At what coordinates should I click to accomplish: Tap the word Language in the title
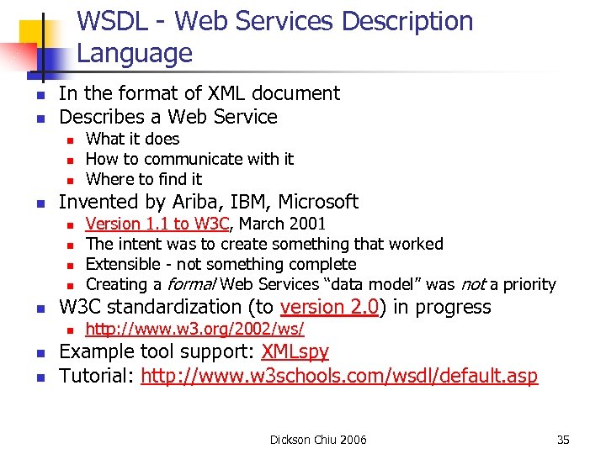coord(135,54)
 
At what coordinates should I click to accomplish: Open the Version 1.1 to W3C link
coord(157,224)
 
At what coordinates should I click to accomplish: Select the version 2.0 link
coord(331,307)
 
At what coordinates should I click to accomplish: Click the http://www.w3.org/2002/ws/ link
coord(194,329)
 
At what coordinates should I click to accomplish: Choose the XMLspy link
coord(295,351)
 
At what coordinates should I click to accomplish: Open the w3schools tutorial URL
coord(339,376)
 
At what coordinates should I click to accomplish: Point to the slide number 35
coord(563,440)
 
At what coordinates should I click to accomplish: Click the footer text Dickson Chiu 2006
coord(318,440)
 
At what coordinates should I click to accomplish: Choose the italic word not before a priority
coord(471,284)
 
